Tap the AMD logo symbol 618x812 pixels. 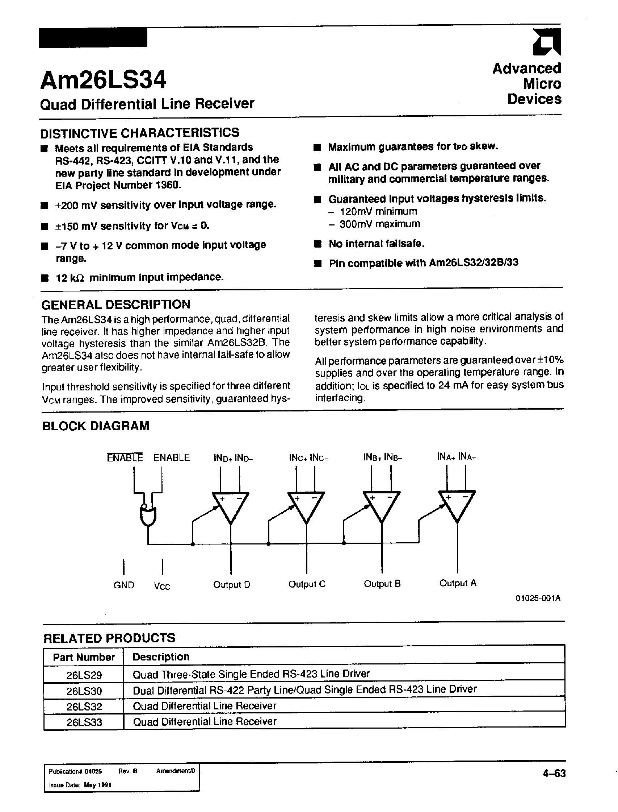pos(547,42)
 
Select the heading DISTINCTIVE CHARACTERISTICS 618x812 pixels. pos(139,133)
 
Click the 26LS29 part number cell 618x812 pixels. pos(84,675)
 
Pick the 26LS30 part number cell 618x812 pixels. pos(84,691)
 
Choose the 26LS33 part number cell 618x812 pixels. pos(84,722)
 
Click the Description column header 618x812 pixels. pos(161,657)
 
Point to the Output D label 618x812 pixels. pos(232,584)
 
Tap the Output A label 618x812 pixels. pos(458,583)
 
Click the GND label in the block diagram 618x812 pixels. pos(124,585)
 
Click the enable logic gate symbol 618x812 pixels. pos(148,515)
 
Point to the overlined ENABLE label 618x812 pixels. pos(125,457)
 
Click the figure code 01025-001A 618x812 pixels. pos(538,608)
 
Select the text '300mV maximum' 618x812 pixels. pos(380,224)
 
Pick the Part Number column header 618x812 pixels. pos(84,657)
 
